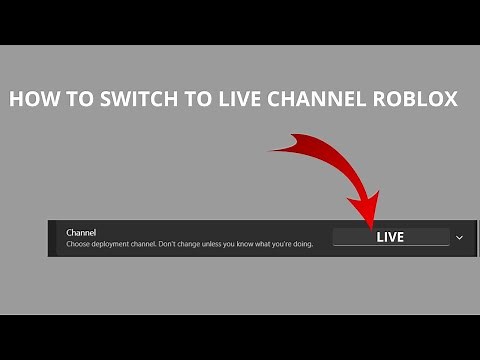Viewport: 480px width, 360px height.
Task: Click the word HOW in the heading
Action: tap(30, 100)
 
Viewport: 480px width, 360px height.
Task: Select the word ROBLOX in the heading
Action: tap(418, 100)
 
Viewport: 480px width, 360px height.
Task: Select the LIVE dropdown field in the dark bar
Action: tap(390, 237)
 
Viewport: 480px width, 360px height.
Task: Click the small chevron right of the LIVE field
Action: tap(459, 237)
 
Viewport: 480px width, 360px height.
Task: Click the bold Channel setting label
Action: tap(82, 231)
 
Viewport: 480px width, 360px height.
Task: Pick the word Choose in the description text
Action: tap(79, 244)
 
